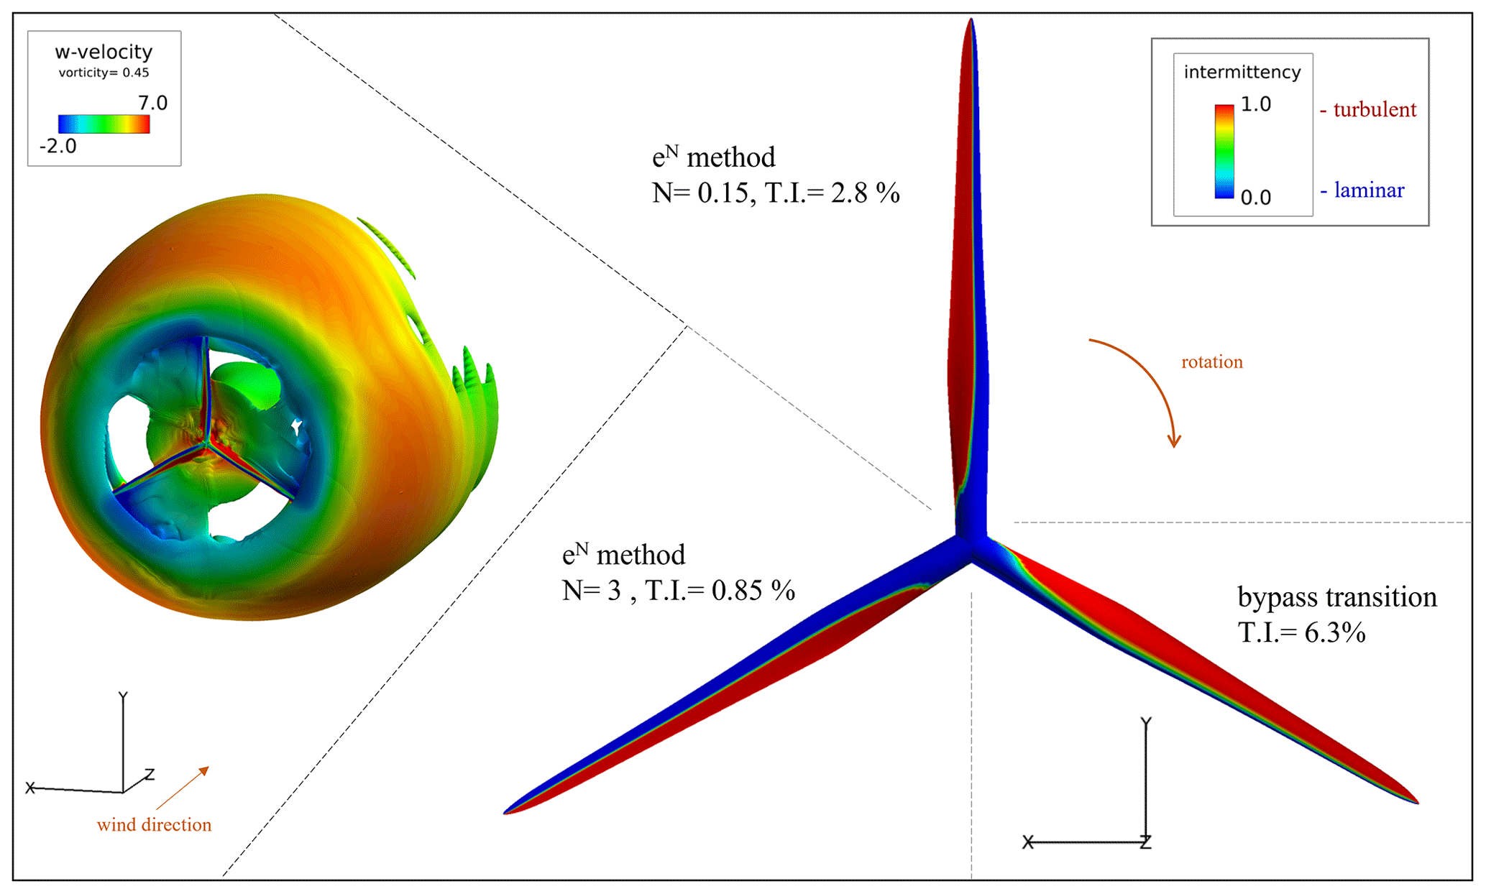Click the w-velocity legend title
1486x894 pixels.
pos(104,52)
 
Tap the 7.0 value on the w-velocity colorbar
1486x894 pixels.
pos(152,103)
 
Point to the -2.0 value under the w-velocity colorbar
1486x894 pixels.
pos(58,147)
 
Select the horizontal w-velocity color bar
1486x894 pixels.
pos(104,124)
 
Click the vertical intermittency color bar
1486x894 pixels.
pos(1224,152)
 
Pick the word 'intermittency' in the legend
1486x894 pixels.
pos(1242,72)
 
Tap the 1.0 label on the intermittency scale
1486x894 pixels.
pos(1256,105)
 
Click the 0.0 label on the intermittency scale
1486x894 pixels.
pos(1256,198)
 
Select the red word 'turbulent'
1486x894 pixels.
pos(1374,110)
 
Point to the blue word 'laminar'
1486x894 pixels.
pos(1369,190)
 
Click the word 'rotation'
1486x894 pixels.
pos(1212,361)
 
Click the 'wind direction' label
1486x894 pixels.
pos(154,825)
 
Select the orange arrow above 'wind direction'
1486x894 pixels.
pos(183,788)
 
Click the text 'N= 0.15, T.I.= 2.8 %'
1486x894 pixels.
pos(776,193)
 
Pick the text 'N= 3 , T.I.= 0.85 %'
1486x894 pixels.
pos(678,591)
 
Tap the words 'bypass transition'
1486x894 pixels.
pos(1337,597)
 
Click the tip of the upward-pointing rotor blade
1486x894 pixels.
pos(971,23)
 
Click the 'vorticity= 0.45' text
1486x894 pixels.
pos(104,73)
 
